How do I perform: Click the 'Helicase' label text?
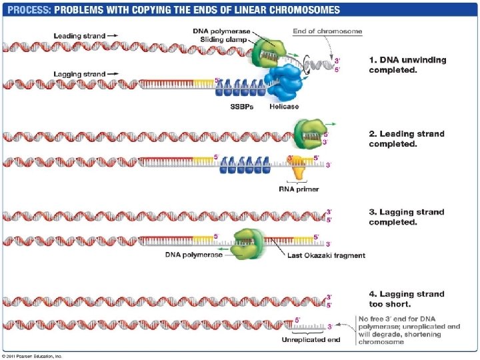(284, 106)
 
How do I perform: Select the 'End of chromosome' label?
(327, 31)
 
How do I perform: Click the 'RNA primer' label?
(298, 189)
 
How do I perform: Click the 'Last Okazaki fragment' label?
(325, 255)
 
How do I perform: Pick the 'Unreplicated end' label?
(310, 340)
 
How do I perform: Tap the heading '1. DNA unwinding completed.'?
(407, 65)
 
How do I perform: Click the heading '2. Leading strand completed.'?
(407, 139)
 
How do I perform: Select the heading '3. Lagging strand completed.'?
(407, 217)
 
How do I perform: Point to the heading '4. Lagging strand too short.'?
(407, 299)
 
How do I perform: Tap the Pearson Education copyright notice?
(32, 356)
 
